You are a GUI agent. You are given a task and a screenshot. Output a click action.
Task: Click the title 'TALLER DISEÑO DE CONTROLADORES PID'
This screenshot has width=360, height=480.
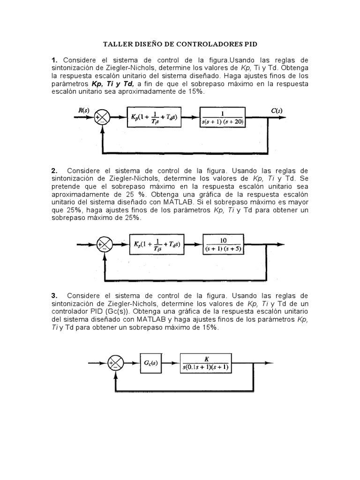180,44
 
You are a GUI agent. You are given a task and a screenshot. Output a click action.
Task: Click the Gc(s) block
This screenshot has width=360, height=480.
153,363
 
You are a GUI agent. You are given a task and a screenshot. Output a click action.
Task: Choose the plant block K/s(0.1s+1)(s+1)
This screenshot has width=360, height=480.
206,363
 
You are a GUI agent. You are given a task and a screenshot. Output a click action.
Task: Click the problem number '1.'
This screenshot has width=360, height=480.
55,60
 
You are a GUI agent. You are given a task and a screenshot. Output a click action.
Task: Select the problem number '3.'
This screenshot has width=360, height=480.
55,295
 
